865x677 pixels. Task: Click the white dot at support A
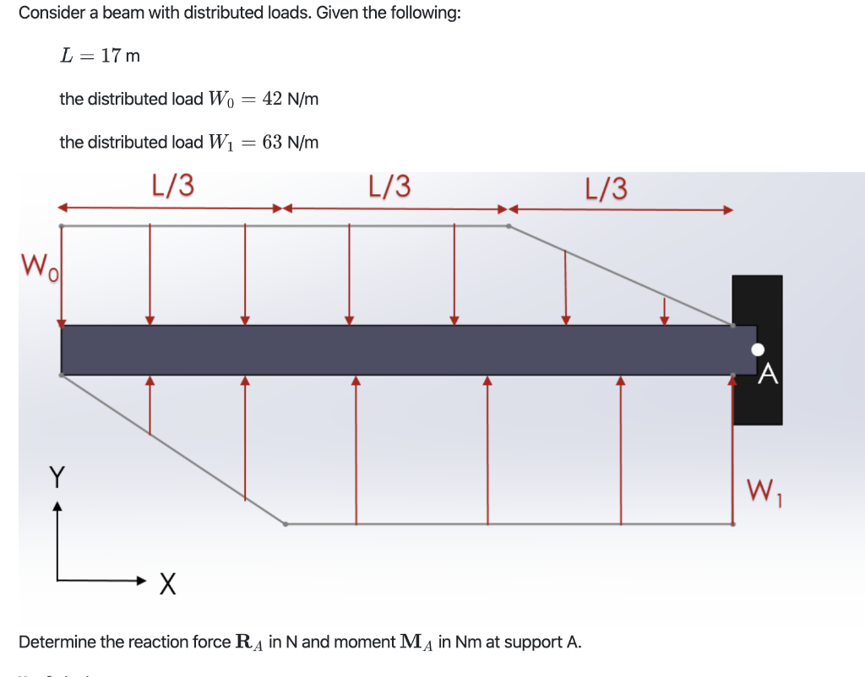[758, 349]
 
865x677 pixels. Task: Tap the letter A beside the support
[767, 373]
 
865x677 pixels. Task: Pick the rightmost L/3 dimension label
[607, 188]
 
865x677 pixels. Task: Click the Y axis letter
[57, 478]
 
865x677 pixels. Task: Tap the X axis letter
[167, 582]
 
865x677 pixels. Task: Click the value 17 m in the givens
[120, 56]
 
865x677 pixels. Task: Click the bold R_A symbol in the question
[248, 642]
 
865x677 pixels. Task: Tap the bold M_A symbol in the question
[416, 642]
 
